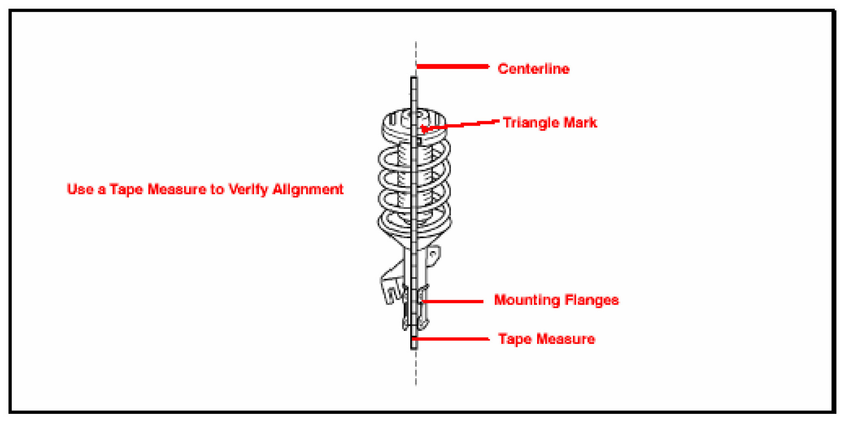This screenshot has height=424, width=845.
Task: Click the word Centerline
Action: pos(533,69)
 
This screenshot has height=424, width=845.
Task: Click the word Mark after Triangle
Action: pos(580,123)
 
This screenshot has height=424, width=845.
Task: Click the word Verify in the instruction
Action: pos(248,189)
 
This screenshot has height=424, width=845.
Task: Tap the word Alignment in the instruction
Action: pos(308,189)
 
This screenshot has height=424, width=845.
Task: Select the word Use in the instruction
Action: pos(80,189)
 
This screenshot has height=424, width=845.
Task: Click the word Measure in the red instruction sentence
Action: pos(177,189)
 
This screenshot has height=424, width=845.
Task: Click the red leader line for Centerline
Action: pos(453,67)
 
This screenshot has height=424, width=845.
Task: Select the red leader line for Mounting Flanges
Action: pos(453,301)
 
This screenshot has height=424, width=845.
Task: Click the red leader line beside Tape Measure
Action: pos(450,339)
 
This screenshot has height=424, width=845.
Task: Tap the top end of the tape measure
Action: pos(414,79)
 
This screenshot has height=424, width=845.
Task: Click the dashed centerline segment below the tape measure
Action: pos(416,368)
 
